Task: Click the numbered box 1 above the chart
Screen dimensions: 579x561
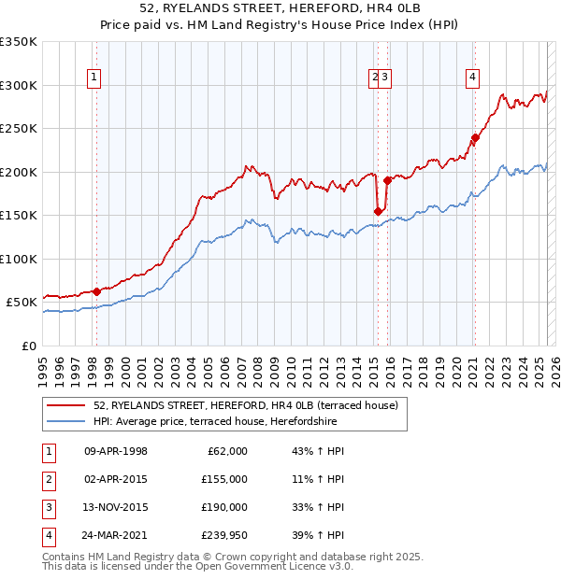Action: pyautogui.click(x=95, y=78)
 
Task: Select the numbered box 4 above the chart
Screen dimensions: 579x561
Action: pyautogui.click(x=473, y=78)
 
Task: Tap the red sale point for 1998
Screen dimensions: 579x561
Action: pyautogui.click(x=96, y=291)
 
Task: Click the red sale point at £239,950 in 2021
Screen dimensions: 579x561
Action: pyautogui.click(x=475, y=138)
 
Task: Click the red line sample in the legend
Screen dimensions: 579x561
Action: pyautogui.click(x=66, y=405)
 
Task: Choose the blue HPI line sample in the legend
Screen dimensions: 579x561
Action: pyautogui.click(x=66, y=421)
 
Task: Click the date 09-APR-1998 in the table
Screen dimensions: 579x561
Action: pyautogui.click(x=116, y=451)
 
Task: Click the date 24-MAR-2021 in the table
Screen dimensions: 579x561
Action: pyautogui.click(x=116, y=535)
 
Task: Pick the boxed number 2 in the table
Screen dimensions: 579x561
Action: pyautogui.click(x=47, y=479)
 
